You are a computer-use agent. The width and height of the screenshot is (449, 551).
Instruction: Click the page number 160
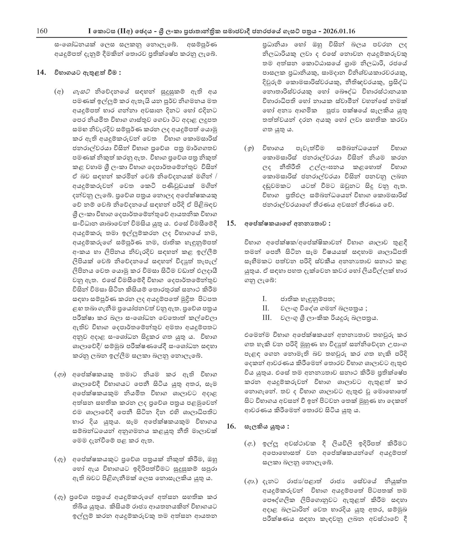click(x=42, y=31)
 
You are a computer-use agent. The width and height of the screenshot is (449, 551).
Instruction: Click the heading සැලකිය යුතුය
click(x=267, y=426)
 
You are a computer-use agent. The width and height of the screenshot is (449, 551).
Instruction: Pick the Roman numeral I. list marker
click(x=264, y=299)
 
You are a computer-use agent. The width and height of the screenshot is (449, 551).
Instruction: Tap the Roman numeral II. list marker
click(x=265, y=308)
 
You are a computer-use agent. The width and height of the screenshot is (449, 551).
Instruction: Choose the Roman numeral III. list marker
click(x=267, y=317)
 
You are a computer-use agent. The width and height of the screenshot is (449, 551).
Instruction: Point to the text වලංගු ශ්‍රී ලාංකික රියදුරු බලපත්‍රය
click(x=329, y=318)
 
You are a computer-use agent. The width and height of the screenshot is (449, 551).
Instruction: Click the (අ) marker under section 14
click(x=59, y=92)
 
